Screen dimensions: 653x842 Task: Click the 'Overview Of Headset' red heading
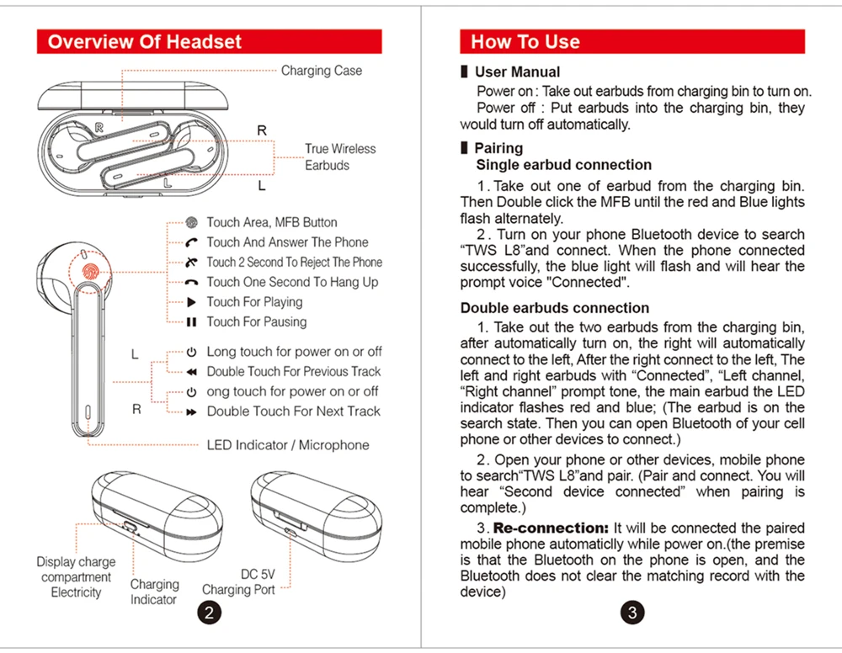(x=145, y=42)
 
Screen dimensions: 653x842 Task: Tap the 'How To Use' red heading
(x=525, y=42)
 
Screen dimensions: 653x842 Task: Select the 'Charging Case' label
(x=321, y=71)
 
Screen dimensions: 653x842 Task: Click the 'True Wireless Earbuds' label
(x=339, y=157)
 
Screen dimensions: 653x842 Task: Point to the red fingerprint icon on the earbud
(x=89, y=272)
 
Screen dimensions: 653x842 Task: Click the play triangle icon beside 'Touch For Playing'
(x=191, y=302)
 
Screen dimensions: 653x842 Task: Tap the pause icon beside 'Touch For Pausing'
(x=191, y=322)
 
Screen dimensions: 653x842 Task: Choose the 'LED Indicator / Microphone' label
(x=288, y=445)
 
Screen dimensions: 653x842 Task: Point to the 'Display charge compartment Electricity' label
(x=76, y=577)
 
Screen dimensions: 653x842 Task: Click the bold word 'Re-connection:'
(x=551, y=528)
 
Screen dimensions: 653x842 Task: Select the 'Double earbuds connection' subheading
(x=554, y=308)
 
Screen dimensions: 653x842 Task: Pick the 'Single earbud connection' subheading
(x=563, y=165)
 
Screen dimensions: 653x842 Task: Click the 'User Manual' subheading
(x=517, y=72)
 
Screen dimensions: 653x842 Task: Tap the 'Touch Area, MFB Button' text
(x=271, y=222)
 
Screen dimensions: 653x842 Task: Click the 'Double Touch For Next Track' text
(x=293, y=411)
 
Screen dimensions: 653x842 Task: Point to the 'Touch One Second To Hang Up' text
(x=292, y=283)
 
